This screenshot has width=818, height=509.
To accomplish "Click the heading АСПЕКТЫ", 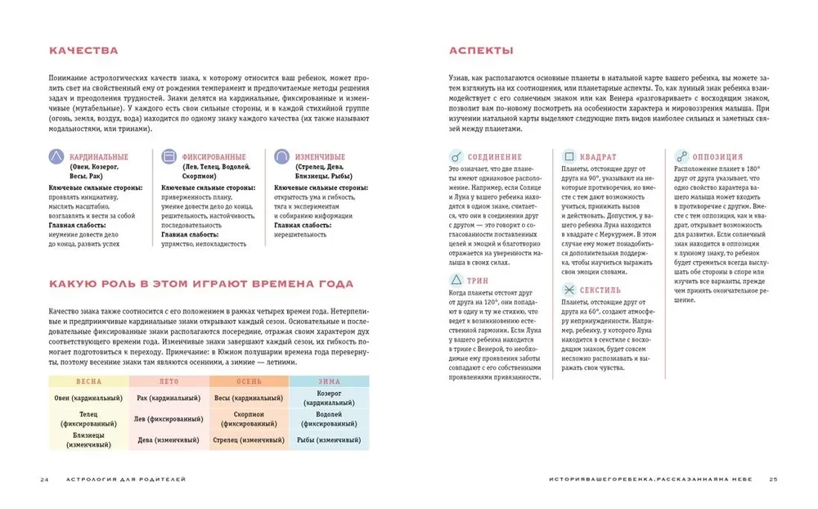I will [x=482, y=51].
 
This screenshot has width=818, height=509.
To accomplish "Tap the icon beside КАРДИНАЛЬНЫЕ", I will [x=56, y=156].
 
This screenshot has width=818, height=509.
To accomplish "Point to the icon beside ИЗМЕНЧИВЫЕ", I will [x=281, y=156].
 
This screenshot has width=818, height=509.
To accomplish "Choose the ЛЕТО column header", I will [x=169, y=381].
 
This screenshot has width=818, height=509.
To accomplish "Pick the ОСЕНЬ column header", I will [x=249, y=381].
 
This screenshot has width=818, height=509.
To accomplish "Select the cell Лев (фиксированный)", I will [x=169, y=419].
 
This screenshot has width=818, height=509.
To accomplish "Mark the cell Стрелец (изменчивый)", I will [x=249, y=440].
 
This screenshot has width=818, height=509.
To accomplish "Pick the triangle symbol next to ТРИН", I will [x=456, y=280].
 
